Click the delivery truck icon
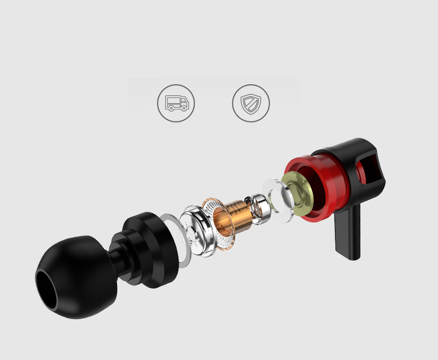(176, 103)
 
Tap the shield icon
(251, 103)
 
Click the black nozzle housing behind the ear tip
(150, 247)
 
